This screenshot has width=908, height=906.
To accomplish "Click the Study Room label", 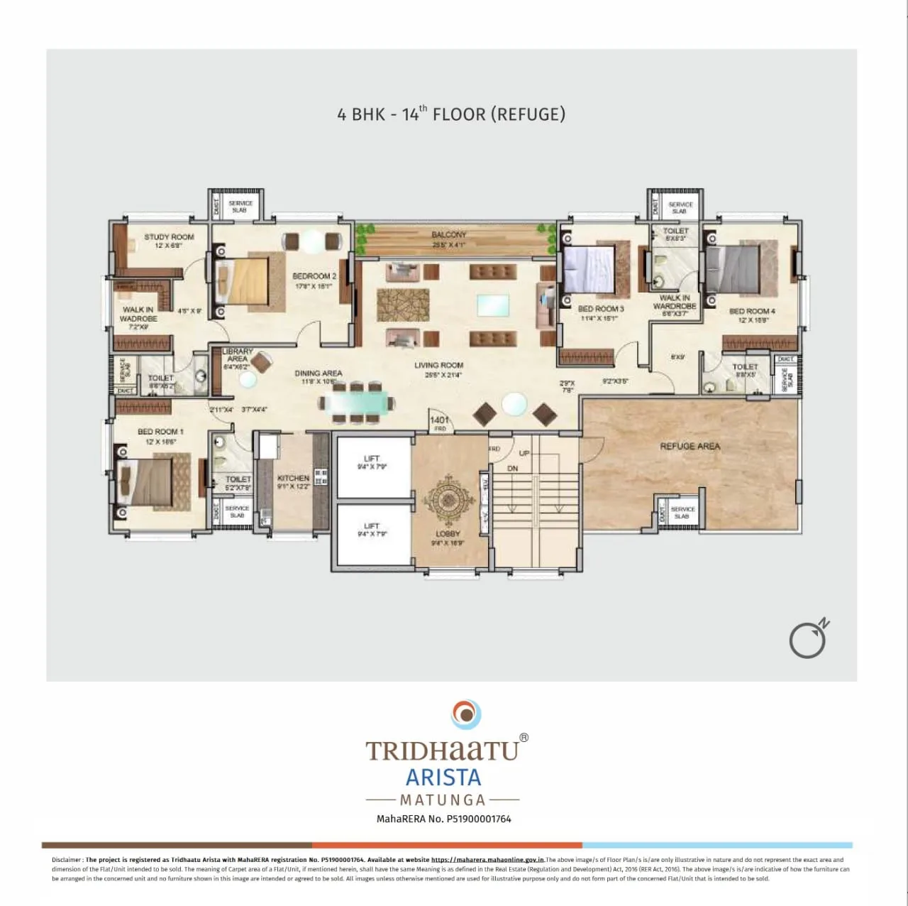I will tap(169, 237).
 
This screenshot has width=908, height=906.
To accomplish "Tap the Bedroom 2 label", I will tap(314, 276).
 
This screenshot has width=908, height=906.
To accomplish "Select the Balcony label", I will tap(448, 235).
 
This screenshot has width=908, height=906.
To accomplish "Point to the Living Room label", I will tap(438, 365).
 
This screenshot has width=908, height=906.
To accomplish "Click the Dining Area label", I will tap(319, 373).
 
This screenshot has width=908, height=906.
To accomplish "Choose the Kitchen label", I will tap(293, 479).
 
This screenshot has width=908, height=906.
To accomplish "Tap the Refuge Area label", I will tap(690, 447).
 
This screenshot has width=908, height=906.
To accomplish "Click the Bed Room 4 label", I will tap(752, 312).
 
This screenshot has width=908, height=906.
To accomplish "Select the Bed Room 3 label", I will tap(601, 309).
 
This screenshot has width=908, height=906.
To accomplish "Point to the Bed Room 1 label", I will tap(160, 432).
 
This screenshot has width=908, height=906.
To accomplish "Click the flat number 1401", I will tap(440, 420).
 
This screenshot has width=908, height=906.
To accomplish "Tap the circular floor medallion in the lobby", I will tap(448, 501).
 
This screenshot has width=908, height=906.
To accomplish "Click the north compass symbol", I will tap(809, 639).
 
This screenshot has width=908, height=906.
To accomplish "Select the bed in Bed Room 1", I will tap(146, 484).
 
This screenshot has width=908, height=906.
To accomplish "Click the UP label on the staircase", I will tap(524, 453).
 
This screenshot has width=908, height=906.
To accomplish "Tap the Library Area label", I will tap(237, 355).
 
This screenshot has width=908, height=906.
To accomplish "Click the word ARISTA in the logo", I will tap(443, 777).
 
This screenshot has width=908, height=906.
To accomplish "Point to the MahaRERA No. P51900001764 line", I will tap(443, 819).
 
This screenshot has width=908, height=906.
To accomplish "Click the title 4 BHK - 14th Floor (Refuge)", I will tap(451, 114).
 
